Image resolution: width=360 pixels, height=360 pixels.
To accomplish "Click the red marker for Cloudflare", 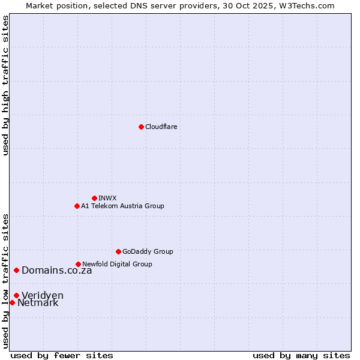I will (141, 127).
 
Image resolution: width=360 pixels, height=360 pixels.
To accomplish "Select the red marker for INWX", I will (94, 198).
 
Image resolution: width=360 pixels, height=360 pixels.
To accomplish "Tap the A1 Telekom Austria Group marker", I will (77, 206).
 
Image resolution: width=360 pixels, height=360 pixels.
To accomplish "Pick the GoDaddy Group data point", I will (118, 251).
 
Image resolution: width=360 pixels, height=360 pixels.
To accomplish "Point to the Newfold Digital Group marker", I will (78, 264).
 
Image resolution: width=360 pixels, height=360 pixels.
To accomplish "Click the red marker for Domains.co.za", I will (16, 270).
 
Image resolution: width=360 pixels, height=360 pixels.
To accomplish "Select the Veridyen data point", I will (16, 295).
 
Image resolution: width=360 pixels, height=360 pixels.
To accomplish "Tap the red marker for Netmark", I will (12, 302).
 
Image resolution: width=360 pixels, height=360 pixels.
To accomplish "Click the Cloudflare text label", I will (161, 127).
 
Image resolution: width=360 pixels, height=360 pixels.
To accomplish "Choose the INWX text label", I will (107, 198).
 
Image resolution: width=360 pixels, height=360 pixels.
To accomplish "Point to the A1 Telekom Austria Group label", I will (122, 206).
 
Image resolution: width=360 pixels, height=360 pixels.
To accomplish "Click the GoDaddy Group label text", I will (148, 251).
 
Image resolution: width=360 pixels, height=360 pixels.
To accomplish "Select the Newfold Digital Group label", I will (117, 264).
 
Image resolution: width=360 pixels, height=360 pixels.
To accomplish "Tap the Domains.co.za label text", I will (57, 270).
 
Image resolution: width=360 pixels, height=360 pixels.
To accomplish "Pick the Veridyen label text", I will (43, 295).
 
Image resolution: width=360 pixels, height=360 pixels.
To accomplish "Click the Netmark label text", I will (38, 303).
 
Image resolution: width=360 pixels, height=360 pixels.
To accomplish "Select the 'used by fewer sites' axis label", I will (62, 355).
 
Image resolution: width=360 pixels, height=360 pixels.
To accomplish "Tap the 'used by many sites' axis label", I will (301, 355).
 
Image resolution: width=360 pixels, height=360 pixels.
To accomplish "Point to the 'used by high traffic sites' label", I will (5, 85).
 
